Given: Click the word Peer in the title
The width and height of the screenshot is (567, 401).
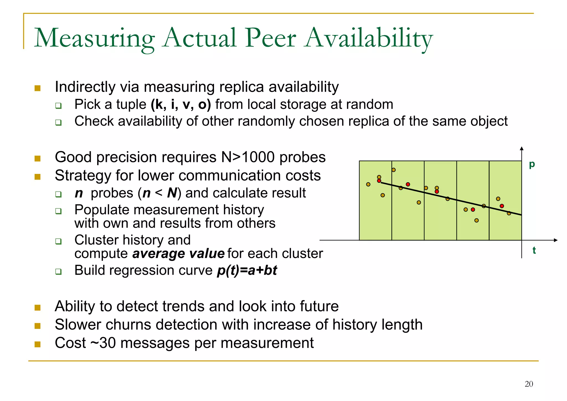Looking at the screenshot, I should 270,38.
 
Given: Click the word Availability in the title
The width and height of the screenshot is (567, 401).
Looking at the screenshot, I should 368,38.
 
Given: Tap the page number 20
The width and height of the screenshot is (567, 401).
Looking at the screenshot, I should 529,384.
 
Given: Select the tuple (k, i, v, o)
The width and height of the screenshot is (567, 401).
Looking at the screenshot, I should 181,105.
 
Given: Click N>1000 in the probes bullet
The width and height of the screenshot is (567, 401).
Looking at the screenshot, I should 248,157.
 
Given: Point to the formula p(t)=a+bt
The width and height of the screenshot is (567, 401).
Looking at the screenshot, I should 247,270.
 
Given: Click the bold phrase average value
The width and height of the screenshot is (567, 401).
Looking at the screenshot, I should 178,254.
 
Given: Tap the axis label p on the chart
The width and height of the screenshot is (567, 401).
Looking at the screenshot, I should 532,164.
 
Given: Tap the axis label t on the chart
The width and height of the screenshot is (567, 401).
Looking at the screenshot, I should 534,250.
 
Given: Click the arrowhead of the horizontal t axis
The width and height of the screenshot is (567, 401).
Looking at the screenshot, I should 555,240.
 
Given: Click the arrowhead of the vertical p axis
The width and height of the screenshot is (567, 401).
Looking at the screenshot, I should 522,148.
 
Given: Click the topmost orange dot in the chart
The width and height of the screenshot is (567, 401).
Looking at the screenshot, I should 393,170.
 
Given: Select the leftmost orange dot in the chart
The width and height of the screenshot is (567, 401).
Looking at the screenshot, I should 368,184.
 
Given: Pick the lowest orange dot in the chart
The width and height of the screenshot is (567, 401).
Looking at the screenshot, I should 476,220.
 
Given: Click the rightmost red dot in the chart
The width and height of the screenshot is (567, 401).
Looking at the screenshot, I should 502,206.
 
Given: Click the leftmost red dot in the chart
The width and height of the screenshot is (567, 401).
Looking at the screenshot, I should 379,181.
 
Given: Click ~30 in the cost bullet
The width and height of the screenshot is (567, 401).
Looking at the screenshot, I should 103,343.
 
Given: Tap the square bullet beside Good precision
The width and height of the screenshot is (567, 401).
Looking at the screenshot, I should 37,158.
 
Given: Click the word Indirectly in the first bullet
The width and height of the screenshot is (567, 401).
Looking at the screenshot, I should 85,87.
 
